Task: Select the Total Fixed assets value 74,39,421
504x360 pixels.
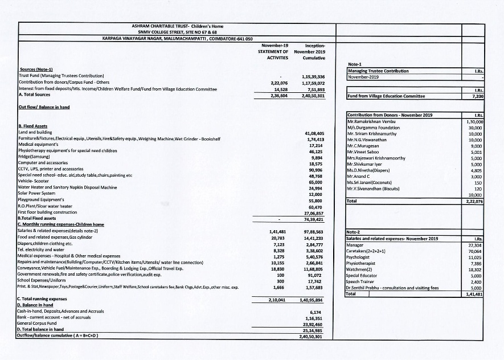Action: [313, 218]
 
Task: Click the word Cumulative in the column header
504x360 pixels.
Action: [314, 58]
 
